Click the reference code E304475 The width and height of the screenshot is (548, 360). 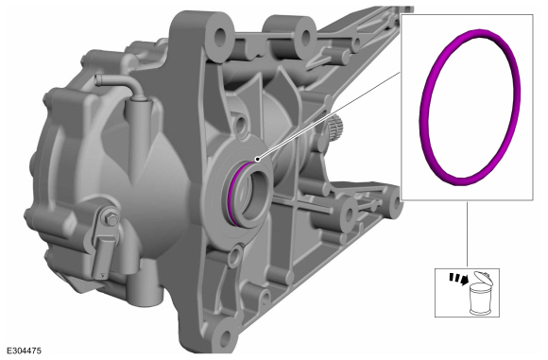[x=25, y=351]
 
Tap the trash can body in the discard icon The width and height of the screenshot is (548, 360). [x=480, y=299]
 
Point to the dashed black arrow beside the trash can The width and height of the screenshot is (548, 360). [x=459, y=279]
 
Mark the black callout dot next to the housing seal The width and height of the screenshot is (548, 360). [x=258, y=160]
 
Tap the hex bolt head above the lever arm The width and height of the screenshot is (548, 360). [x=111, y=220]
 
